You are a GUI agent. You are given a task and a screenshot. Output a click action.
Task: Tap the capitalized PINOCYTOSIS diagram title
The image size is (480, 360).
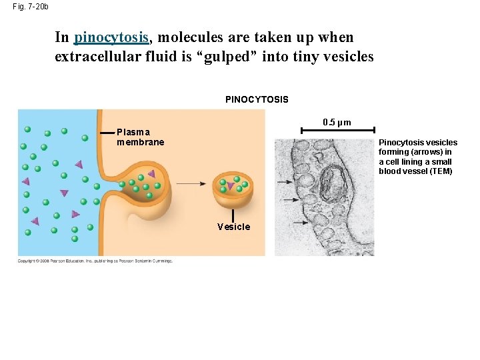click(x=257, y=99)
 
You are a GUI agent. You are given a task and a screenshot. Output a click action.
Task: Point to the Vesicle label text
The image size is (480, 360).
click(x=233, y=227)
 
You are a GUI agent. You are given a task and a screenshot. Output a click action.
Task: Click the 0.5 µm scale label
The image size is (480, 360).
click(x=337, y=122)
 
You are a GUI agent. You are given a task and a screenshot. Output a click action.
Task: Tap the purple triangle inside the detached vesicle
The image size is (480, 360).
click(x=231, y=186)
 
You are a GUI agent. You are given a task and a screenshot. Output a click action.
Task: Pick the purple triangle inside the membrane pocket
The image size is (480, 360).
click(x=151, y=174)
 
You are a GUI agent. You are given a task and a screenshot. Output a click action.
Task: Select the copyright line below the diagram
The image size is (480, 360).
click(x=95, y=261)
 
